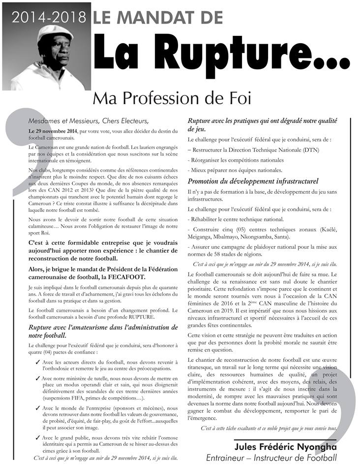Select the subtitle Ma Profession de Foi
(172, 99)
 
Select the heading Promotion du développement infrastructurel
(253, 181)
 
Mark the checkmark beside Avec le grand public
(37, 437)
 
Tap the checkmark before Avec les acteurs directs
(37, 362)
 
